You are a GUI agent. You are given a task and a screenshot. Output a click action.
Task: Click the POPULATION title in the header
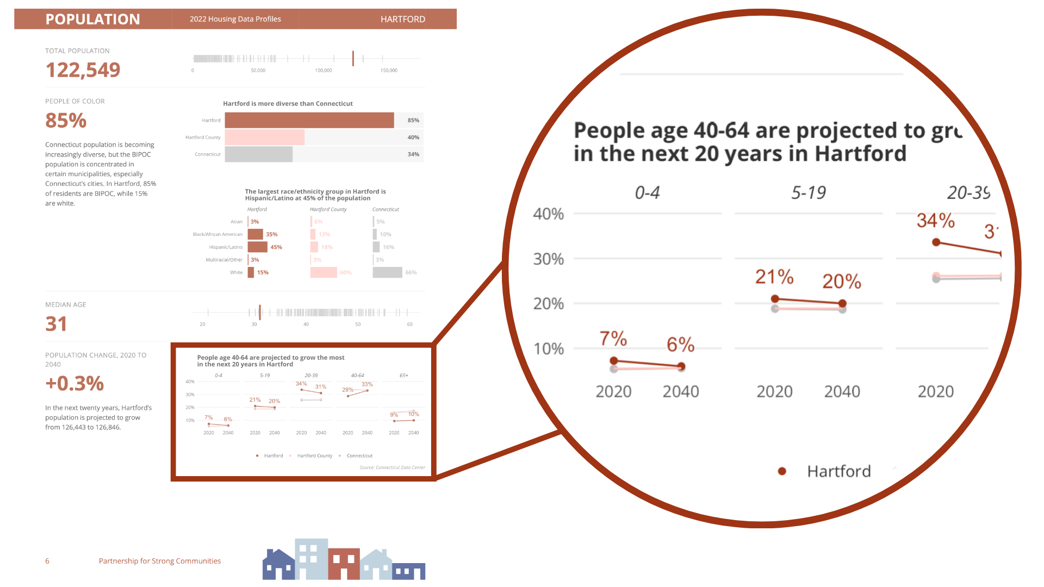click(x=92, y=19)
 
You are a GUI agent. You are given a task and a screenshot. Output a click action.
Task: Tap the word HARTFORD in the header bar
click(x=402, y=19)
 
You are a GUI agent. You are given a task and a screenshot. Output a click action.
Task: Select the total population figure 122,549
click(x=83, y=70)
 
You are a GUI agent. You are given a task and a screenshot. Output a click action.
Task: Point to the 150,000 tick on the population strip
click(x=388, y=71)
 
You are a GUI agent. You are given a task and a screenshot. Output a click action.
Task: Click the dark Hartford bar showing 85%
click(x=309, y=120)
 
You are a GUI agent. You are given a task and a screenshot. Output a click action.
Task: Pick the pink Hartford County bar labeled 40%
click(x=264, y=138)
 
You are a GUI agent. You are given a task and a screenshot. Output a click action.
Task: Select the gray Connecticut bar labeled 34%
click(x=258, y=154)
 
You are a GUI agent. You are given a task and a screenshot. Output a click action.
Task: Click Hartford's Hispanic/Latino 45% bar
click(x=257, y=247)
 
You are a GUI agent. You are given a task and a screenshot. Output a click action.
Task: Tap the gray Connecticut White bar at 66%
click(x=387, y=272)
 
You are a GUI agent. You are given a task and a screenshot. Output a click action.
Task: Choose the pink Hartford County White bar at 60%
click(x=324, y=272)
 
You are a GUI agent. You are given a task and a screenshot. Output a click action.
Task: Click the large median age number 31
click(x=56, y=324)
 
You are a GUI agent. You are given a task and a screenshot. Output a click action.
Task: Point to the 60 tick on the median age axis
click(x=409, y=324)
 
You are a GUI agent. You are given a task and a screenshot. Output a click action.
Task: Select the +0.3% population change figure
click(x=74, y=383)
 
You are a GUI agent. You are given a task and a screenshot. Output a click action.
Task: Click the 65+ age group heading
click(x=403, y=376)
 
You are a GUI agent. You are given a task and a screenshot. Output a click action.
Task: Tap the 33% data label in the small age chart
click(x=367, y=384)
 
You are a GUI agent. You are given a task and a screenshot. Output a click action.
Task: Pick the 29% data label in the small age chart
click(x=347, y=390)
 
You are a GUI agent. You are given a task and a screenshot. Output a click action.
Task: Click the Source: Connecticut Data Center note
click(x=392, y=467)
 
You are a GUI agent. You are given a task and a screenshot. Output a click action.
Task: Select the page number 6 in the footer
click(x=47, y=561)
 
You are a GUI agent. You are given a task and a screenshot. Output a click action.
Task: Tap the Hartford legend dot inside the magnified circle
click(x=782, y=471)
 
